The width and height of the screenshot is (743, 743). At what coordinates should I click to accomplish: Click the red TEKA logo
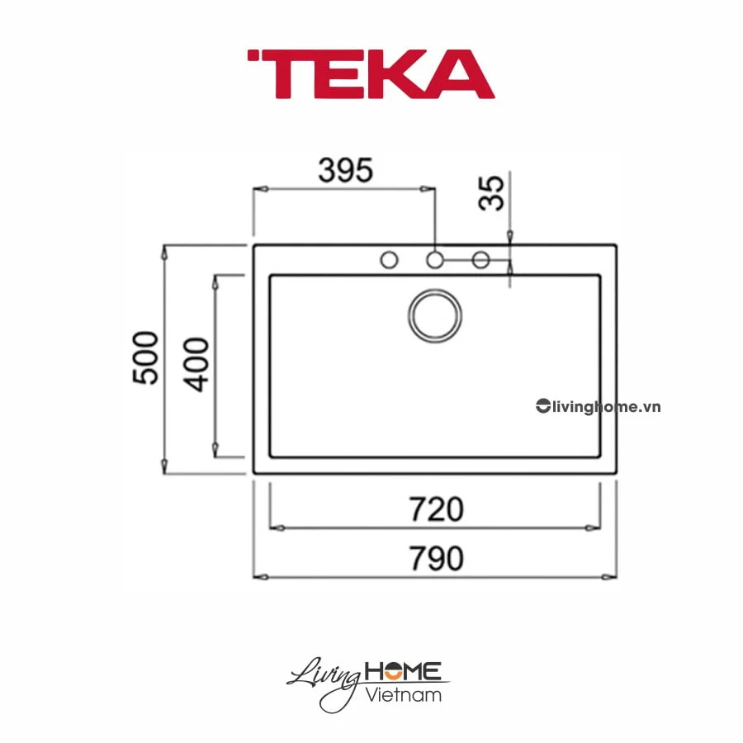(x=371, y=74)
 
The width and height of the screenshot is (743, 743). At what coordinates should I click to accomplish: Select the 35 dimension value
(x=492, y=192)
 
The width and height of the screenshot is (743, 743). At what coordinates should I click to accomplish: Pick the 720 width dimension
(x=437, y=509)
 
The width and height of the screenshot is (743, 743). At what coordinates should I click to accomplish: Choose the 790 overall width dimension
(x=437, y=559)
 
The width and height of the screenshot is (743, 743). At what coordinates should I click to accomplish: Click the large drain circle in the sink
(x=435, y=316)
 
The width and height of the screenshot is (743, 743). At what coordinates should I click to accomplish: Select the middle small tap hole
(x=435, y=260)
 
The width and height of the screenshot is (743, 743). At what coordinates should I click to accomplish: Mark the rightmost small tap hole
(x=480, y=260)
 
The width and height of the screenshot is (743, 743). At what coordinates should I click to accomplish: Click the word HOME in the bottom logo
(x=405, y=671)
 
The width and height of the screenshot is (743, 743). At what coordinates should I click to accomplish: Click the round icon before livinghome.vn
(x=542, y=406)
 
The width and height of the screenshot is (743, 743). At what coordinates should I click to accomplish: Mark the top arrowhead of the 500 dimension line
(x=166, y=251)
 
